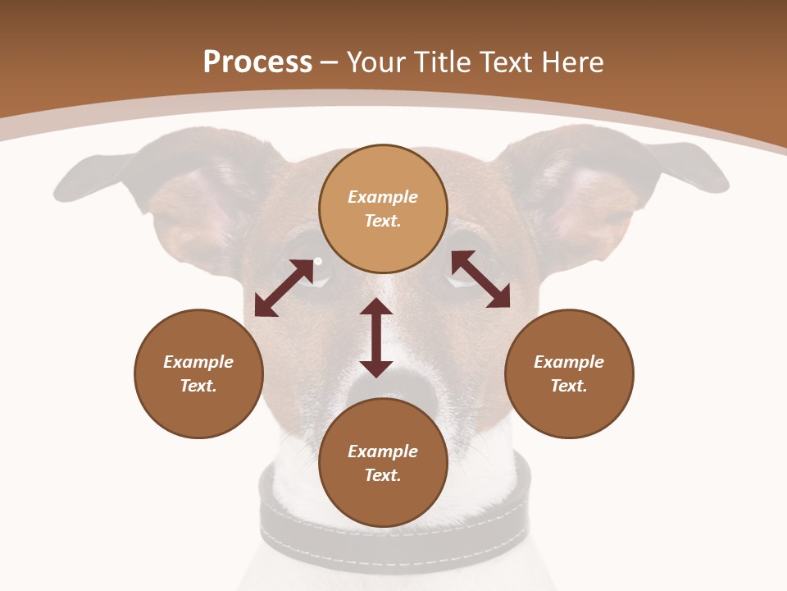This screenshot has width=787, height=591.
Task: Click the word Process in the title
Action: coord(257,62)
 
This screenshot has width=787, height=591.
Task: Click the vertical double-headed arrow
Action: coord(376,337)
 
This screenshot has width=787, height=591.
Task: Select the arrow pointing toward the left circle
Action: coord(284,287)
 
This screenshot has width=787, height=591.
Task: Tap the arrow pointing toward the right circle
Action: coord(480,279)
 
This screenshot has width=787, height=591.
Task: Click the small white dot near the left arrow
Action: coord(318,262)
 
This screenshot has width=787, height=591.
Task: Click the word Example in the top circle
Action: coord(383,197)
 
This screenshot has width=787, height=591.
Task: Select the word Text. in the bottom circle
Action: coord(382,475)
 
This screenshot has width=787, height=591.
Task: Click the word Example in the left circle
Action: coord(198,362)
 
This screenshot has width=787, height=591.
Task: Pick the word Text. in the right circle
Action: coord(569,386)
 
